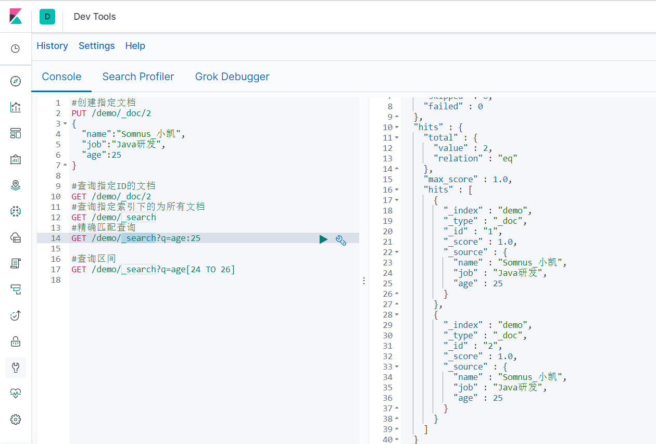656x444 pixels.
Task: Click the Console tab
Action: [61, 77]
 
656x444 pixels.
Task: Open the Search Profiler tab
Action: [138, 77]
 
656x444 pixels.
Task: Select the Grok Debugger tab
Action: [232, 77]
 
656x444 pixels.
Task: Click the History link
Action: [52, 46]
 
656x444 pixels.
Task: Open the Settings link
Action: [96, 46]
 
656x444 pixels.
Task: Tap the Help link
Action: [135, 46]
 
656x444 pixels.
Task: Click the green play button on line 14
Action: [323, 239]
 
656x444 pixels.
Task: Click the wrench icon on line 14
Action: [341, 239]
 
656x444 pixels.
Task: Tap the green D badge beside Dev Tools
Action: [47, 17]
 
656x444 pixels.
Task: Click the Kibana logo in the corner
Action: [16, 16]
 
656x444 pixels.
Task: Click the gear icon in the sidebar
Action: [16, 419]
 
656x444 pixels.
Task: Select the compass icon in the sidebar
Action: [16, 81]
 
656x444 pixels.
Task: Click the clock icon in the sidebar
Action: [16, 48]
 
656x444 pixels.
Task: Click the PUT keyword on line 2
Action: [79, 113]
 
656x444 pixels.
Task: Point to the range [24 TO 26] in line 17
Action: [210, 269]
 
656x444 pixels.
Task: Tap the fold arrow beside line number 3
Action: [65, 123]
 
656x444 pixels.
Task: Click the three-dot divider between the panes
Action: [364, 281]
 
